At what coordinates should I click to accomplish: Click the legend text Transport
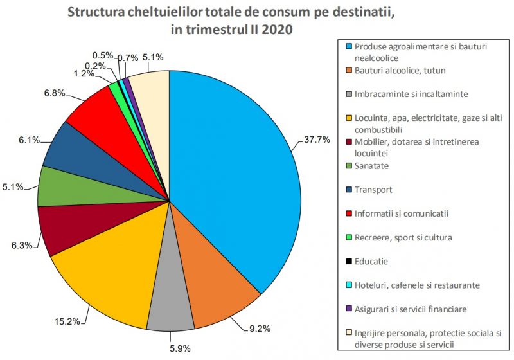(x=374, y=190)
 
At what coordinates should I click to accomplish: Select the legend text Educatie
(x=372, y=261)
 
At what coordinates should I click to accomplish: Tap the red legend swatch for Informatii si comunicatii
(x=349, y=213)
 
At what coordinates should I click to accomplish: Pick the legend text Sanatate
(x=373, y=166)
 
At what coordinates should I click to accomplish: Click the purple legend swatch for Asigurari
(x=349, y=309)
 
